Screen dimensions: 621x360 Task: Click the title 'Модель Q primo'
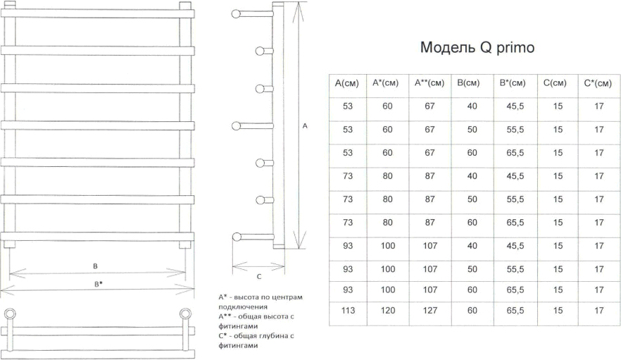[477, 47]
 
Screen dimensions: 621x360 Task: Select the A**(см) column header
[429, 83]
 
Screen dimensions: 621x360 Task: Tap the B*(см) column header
[513, 83]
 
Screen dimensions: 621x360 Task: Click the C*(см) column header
[598, 83]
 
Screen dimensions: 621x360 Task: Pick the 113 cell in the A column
[348, 311]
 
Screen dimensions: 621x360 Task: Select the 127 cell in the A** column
[430, 311]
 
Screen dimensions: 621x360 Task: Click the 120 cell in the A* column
[388, 311]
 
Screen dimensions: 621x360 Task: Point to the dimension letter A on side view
[305, 125]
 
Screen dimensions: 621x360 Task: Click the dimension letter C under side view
[259, 276]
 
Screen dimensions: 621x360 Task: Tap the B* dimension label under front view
[99, 284]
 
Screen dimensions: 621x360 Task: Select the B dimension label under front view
[95, 266]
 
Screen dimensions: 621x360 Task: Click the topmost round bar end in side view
[236, 14]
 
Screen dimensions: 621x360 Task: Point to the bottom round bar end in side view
[237, 237]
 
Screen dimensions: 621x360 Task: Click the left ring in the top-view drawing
[10, 314]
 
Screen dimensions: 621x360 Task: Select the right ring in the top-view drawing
[185, 314]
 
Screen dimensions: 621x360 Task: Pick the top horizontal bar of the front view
[97, 14]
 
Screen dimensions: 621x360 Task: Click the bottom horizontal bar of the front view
[97, 237]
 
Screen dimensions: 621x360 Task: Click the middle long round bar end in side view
[236, 126]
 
